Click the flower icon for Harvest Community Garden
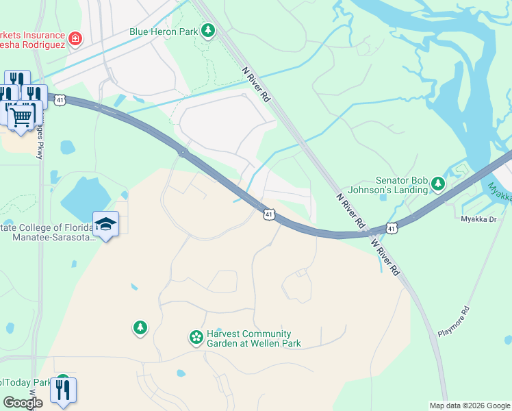[x=196, y=336]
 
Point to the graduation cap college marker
[x=107, y=224]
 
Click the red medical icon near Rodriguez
[x=75, y=38]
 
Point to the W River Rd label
[x=385, y=257]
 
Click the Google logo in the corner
[x=23, y=403]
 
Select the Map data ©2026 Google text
[x=469, y=406]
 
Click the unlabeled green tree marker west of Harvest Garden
[x=140, y=328]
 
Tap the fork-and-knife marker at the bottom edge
[x=63, y=390]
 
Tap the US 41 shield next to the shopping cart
[x=60, y=100]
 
